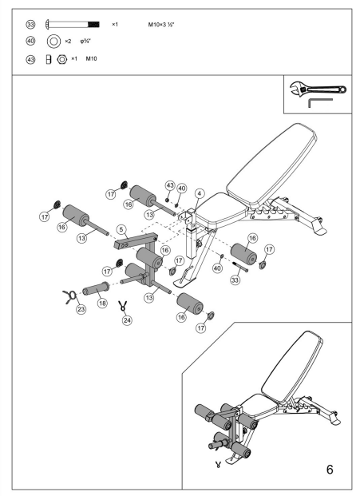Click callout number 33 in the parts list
[31, 25]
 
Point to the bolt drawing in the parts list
[73, 25]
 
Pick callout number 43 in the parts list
[31, 58]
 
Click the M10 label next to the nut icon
[91, 58]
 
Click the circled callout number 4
[199, 192]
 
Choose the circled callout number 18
[102, 304]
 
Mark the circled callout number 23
[81, 310]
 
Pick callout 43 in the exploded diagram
[170, 185]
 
